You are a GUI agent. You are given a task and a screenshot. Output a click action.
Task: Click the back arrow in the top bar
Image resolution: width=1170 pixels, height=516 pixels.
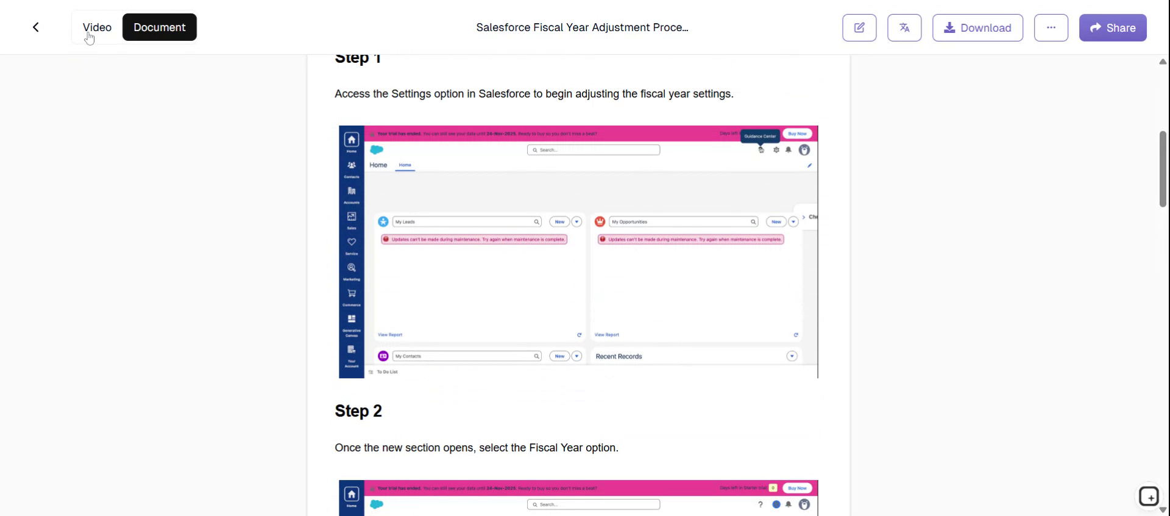[36, 27]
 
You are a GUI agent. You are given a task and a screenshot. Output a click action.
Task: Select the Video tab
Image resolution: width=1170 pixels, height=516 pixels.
[97, 27]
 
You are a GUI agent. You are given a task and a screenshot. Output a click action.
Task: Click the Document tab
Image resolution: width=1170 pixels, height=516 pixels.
[159, 27]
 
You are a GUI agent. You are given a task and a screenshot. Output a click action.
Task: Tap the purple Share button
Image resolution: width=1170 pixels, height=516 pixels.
[1112, 28]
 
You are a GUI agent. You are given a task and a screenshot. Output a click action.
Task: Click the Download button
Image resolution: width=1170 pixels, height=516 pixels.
[977, 28]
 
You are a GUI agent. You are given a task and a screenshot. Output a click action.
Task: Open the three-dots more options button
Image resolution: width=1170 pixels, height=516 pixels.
[1051, 28]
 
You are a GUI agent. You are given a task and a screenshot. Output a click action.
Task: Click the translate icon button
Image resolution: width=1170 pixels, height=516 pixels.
[904, 28]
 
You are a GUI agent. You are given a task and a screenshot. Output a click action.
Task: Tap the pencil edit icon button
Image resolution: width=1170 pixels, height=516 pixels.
[859, 28]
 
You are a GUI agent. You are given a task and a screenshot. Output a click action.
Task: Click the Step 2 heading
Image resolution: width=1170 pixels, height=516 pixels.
[358, 411]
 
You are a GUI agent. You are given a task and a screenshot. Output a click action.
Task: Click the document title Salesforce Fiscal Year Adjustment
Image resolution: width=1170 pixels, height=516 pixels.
[581, 27]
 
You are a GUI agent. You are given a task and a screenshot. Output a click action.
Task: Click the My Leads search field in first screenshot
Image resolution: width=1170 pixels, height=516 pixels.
[463, 222]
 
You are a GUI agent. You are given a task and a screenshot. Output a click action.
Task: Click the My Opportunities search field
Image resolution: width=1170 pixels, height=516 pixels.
[679, 222]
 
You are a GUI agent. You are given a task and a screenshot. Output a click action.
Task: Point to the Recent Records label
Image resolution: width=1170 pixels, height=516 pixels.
[619, 357]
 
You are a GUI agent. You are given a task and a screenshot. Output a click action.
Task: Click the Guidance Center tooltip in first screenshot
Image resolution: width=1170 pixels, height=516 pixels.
[760, 137]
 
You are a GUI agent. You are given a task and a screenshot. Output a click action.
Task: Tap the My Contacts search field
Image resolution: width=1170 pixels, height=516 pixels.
[463, 356]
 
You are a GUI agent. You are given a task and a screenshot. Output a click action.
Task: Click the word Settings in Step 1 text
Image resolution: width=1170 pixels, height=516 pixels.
[411, 94]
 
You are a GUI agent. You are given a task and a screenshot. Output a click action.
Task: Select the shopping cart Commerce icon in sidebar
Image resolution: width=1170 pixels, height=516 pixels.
[352, 294]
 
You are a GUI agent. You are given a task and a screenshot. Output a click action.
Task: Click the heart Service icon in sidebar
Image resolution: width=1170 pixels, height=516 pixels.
[352, 243]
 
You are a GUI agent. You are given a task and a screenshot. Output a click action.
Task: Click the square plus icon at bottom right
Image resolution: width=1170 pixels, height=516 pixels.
[1149, 497]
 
